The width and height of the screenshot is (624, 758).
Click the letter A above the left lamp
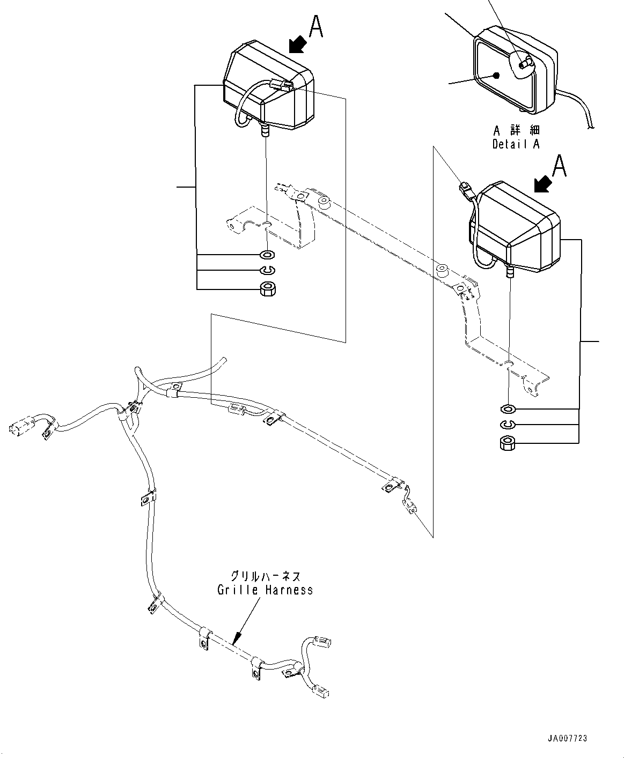pyautogui.click(x=317, y=27)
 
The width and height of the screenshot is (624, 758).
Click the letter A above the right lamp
pyautogui.click(x=559, y=166)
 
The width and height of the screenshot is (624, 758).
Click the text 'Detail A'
pyautogui.click(x=516, y=144)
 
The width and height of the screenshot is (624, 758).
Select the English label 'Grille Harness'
pyautogui.click(x=265, y=590)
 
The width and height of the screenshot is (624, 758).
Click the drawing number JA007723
pyautogui.click(x=567, y=739)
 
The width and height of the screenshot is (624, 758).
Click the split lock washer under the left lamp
pyautogui.click(x=267, y=271)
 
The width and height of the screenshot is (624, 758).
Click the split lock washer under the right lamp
pyautogui.click(x=507, y=425)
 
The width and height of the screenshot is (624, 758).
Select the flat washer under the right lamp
pyautogui.click(x=507, y=410)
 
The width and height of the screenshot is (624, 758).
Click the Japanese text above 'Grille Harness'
pyautogui.click(x=265, y=577)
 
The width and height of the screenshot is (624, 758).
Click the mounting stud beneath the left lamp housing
pyautogui.click(x=264, y=131)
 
